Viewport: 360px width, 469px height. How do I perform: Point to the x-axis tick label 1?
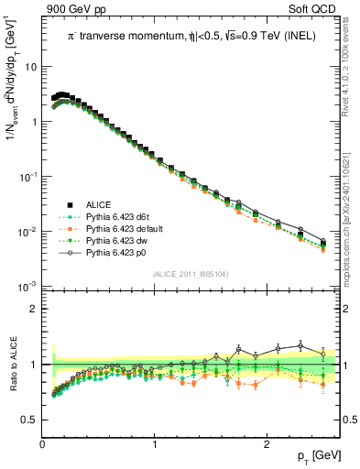[x=155, y=443]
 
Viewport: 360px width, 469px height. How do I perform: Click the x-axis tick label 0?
[x=42, y=443]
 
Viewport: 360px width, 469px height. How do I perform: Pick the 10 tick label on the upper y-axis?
[x=29, y=67]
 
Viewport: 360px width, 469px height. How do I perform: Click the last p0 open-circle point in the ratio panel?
[x=322, y=354]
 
